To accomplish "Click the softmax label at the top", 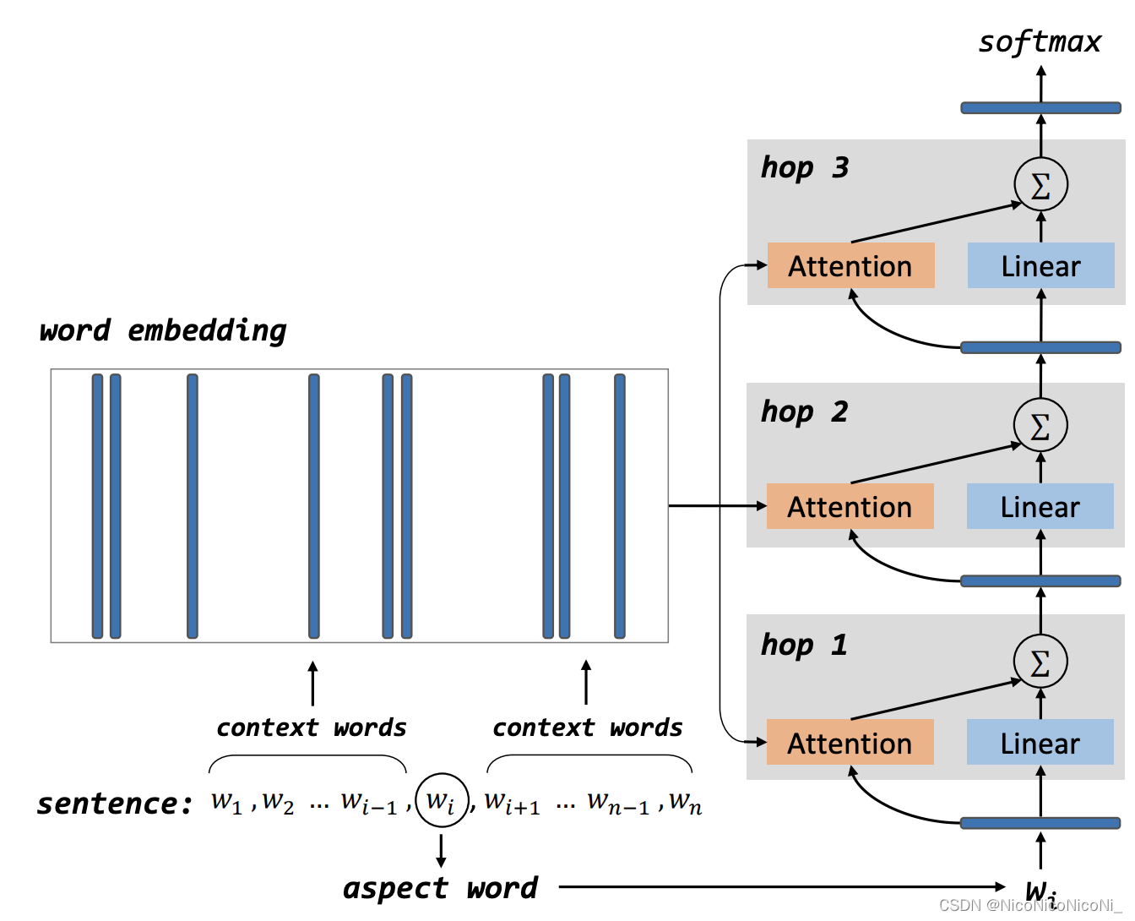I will point(1040,42).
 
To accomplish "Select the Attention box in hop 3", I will point(850,266).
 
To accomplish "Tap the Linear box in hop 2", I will point(1040,507).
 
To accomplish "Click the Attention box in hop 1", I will point(850,743).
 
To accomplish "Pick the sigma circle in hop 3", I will point(1040,184).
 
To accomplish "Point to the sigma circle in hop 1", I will point(1040,662).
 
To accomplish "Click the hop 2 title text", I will point(804,412).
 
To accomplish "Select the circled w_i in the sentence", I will point(441,799).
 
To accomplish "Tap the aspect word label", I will point(440,888).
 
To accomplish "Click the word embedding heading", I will point(163,330).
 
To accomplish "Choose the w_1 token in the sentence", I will point(226,801).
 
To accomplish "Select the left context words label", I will point(311,728).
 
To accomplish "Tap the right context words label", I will point(587,728).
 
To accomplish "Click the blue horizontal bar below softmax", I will point(1040,108).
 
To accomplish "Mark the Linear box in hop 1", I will point(1040,743).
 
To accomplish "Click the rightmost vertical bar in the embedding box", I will point(620,506).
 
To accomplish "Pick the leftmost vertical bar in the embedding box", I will point(97,506).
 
